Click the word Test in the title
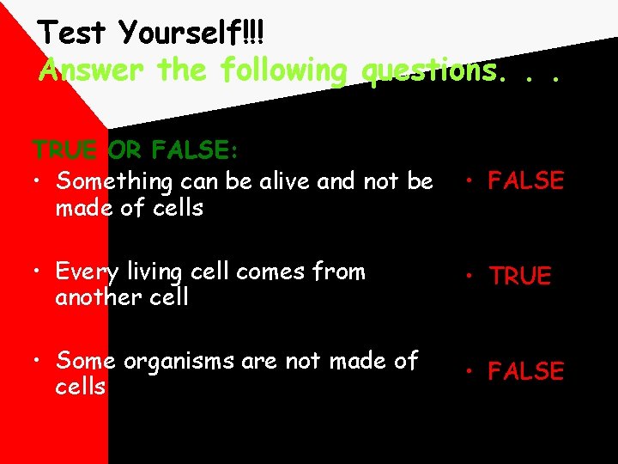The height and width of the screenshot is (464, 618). point(75,34)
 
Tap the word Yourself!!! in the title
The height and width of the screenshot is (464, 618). point(192,34)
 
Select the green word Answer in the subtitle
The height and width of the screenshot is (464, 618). point(94,70)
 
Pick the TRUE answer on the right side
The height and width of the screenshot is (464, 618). point(520,277)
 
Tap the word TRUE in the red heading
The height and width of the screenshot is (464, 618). point(67,151)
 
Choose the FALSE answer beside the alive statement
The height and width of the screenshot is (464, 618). point(525,181)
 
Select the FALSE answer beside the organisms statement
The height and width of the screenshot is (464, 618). point(525,372)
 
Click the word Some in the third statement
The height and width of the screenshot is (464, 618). point(87,362)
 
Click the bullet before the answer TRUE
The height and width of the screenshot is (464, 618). point(470,277)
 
